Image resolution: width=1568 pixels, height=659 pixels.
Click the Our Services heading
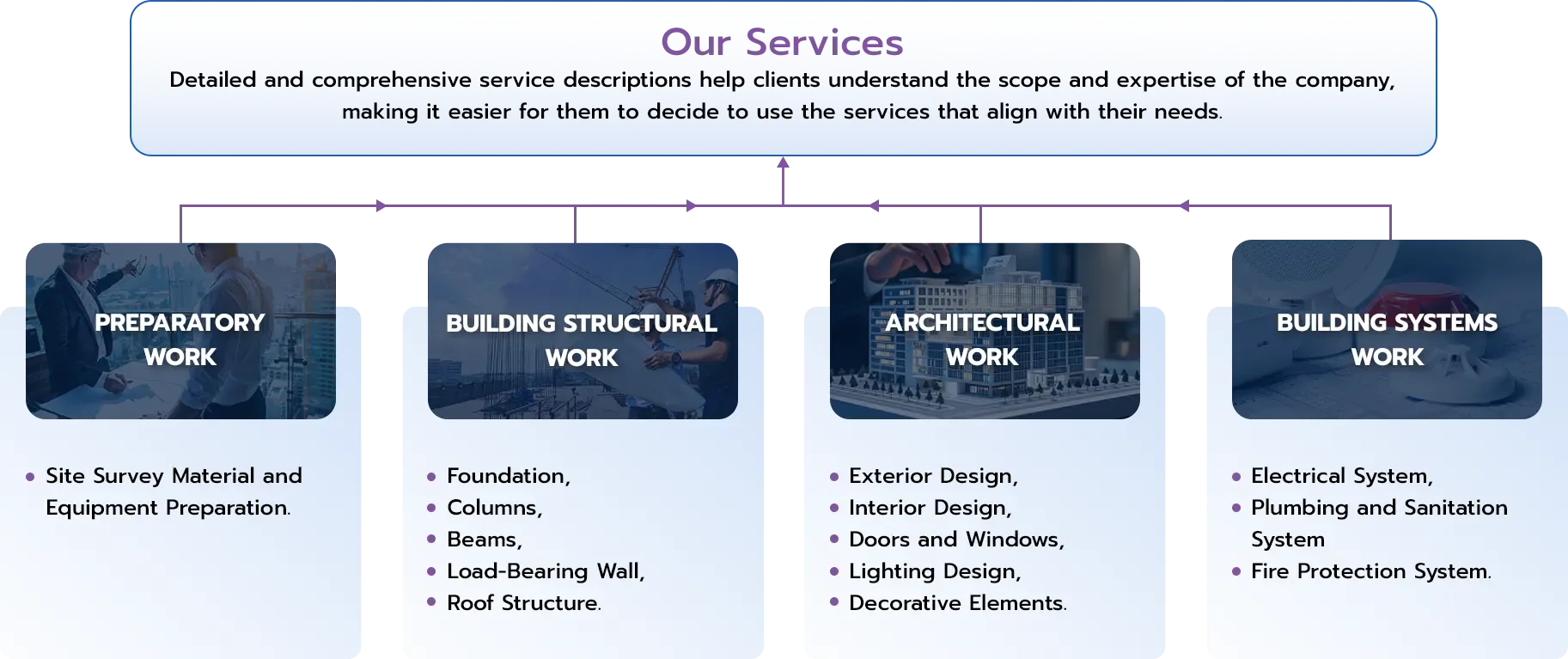782,42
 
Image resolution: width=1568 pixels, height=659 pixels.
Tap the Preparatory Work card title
180,339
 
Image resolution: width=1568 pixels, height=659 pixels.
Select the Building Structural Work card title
582,340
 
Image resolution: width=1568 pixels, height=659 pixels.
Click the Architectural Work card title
983,339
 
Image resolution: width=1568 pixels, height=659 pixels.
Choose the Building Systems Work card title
1387,339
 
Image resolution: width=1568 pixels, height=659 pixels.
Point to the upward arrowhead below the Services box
783,162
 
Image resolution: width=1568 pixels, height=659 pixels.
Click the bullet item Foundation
509,476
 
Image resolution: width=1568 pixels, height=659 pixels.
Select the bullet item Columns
495,508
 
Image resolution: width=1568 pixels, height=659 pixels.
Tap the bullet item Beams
485,540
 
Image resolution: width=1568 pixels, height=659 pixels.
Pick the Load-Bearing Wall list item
546,571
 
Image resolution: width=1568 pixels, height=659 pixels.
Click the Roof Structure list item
524,603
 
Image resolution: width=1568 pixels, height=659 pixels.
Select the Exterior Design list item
933,476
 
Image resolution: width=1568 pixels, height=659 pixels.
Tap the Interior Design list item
930,508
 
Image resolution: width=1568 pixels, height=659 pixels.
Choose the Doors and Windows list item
956,540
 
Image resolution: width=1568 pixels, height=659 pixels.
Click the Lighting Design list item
935,571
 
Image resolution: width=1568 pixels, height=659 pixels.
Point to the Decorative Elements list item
958,603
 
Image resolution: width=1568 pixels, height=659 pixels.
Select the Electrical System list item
1342,476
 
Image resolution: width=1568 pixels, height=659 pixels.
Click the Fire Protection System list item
1371,571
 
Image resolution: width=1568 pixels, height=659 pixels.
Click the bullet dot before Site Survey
30,477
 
